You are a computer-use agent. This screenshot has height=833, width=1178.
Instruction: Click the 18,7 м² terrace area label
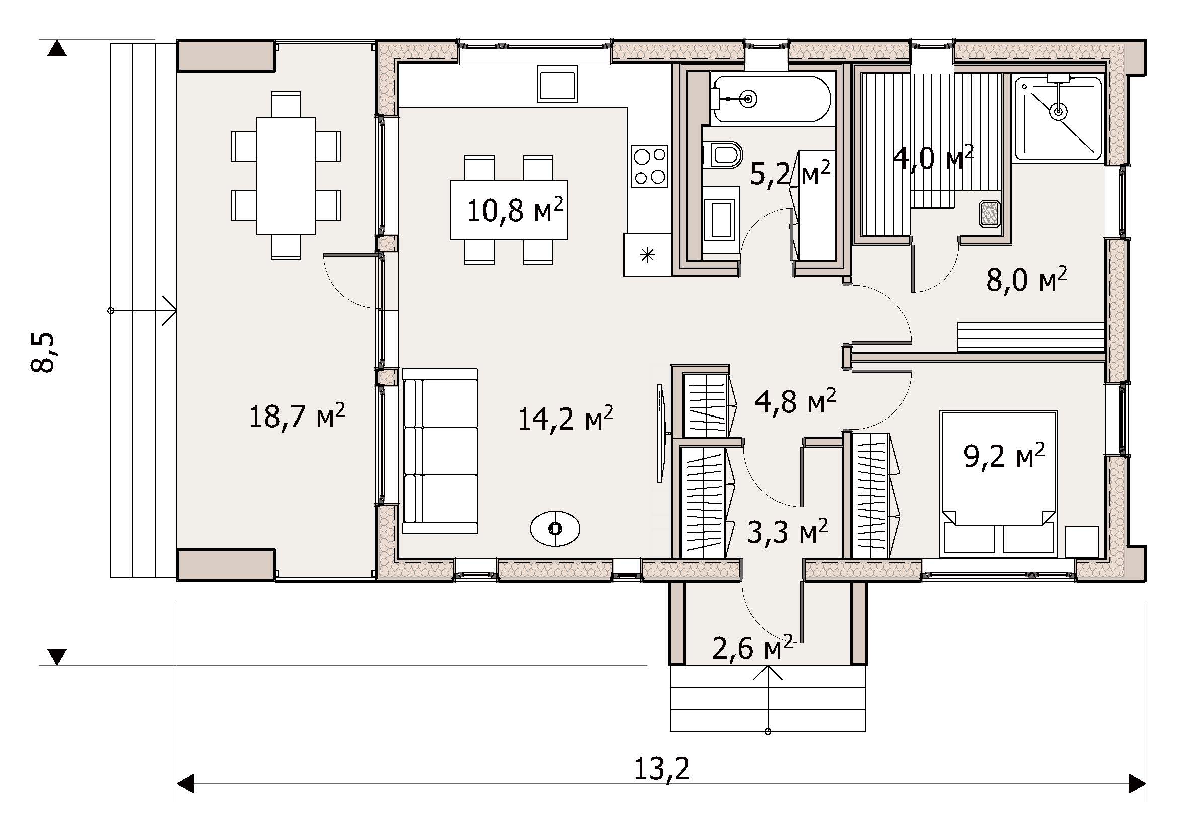click(x=297, y=415)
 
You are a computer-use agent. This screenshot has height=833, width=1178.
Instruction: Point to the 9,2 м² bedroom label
click(x=1005, y=455)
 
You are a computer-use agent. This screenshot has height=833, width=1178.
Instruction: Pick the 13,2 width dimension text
click(x=661, y=769)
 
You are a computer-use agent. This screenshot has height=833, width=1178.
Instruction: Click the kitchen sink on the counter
click(x=558, y=84)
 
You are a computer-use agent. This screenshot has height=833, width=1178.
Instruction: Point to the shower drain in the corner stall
click(x=1058, y=111)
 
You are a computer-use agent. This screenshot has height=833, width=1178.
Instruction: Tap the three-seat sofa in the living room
click(x=440, y=452)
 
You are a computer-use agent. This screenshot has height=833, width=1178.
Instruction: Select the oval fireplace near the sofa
click(x=555, y=528)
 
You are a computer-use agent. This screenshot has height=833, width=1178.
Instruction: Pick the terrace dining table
click(x=286, y=175)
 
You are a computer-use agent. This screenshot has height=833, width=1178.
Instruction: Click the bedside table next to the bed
click(x=1081, y=542)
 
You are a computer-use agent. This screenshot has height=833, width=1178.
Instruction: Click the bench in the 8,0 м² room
click(x=1031, y=336)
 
